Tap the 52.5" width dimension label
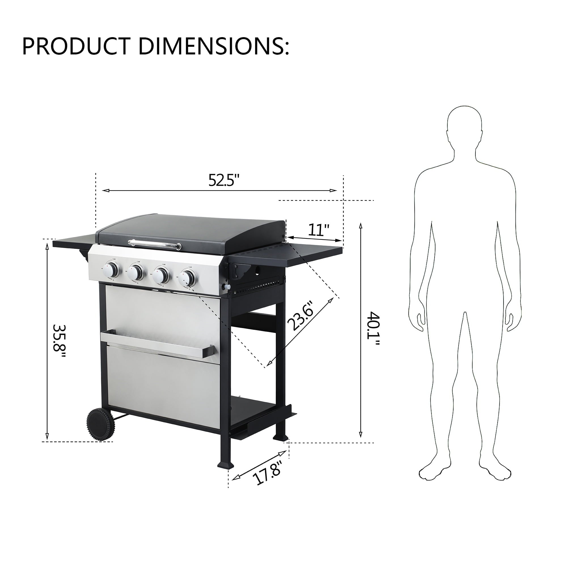coord(224,180)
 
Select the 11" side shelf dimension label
coord(318,230)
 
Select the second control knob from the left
coord(136,272)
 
